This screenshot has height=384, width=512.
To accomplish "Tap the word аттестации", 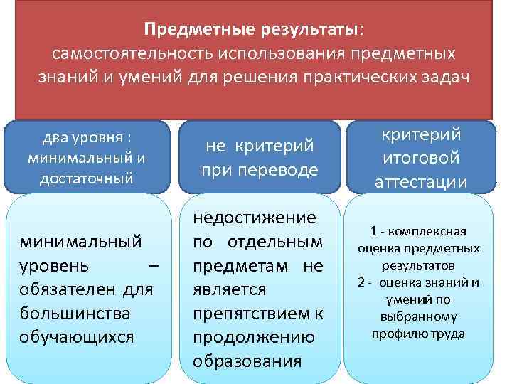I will tap(419, 181).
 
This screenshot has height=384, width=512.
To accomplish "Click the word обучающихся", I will tap(78, 336).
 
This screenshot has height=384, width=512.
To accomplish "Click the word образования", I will tap(247, 360).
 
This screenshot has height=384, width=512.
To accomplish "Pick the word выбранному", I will tap(418, 316).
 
